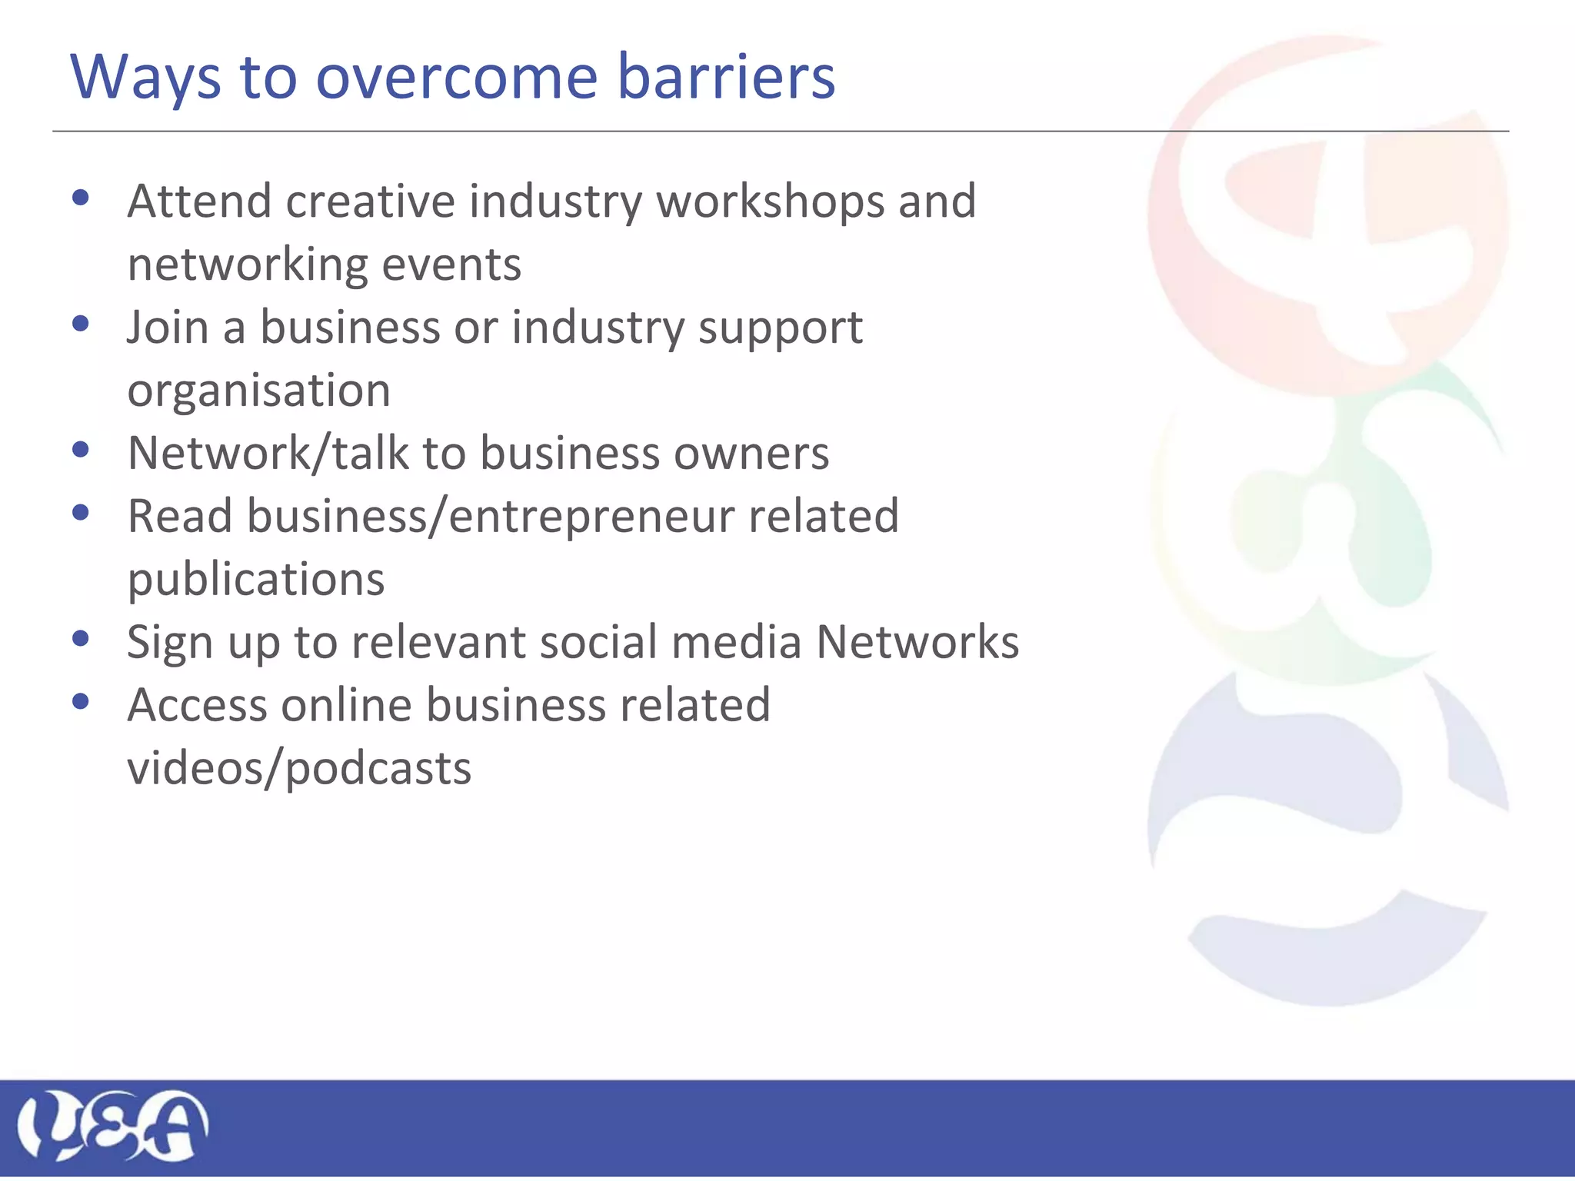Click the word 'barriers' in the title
click(x=726, y=77)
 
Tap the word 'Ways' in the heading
click(x=145, y=78)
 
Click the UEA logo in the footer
click(x=112, y=1126)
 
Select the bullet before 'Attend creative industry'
click(x=81, y=199)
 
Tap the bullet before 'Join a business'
click(x=81, y=324)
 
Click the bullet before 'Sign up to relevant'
click(x=81, y=638)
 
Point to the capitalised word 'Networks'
click(x=917, y=642)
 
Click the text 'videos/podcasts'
click(x=299, y=769)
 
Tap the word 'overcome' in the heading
click(x=457, y=77)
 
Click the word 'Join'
click(x=168, y=328)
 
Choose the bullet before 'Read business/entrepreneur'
click(x=81, y=513)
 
